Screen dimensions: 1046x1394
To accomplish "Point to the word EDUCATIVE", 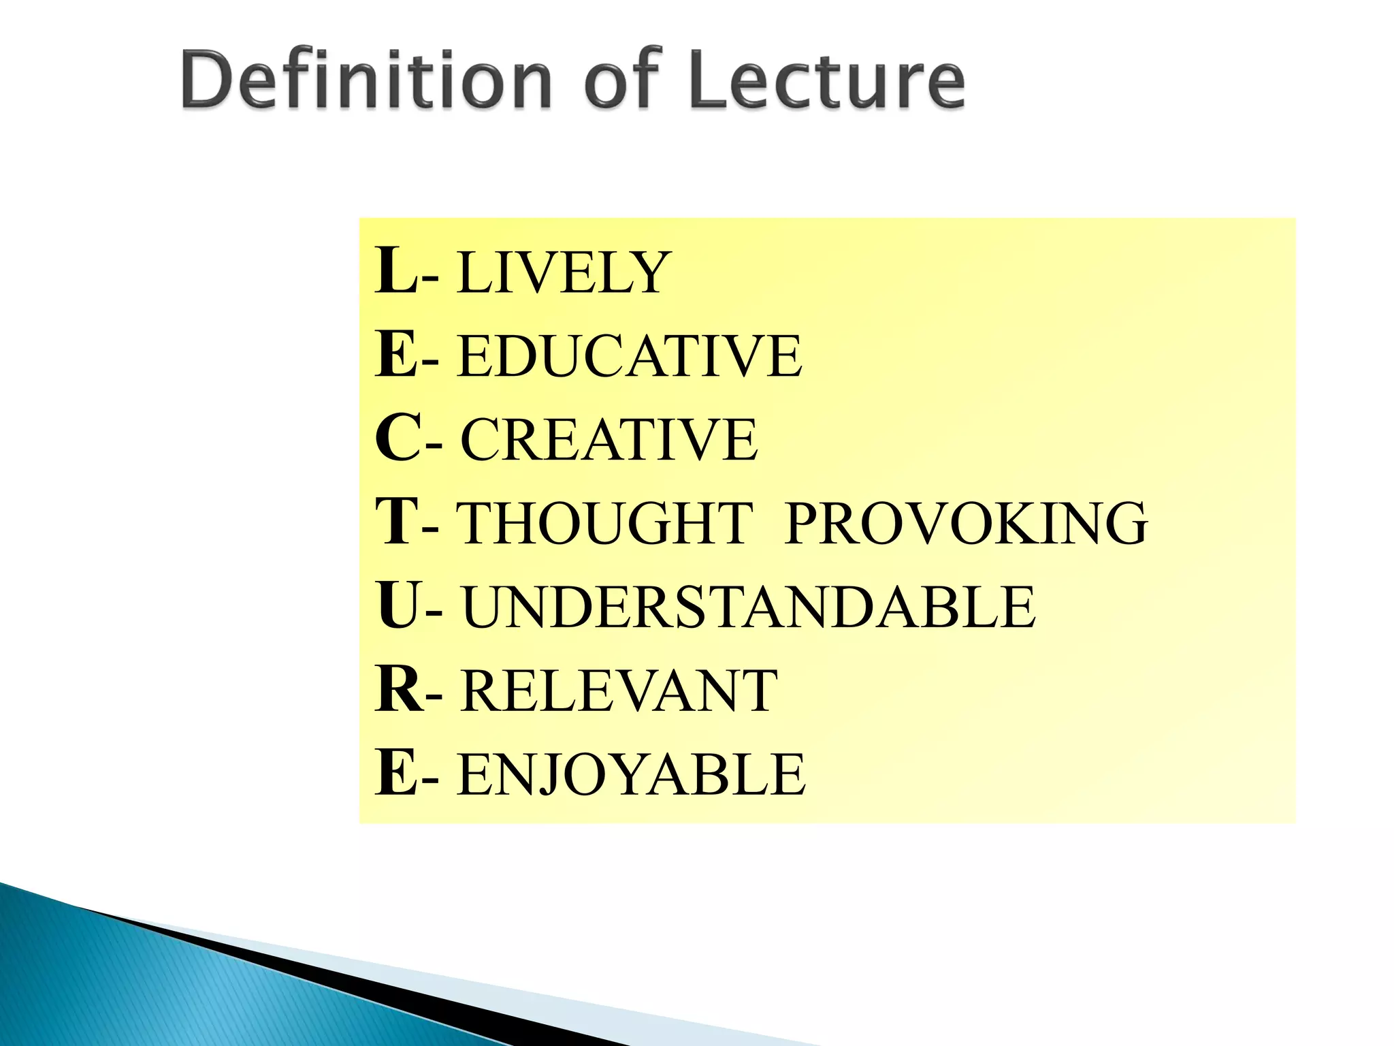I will point(630,356).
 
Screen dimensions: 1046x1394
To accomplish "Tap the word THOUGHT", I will point(604,524).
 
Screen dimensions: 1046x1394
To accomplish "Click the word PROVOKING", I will point(966,524).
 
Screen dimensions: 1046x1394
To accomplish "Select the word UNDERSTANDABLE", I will point(748,607).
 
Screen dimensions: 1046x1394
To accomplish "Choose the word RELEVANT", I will point(618,691).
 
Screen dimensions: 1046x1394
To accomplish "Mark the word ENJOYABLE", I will point(632,775).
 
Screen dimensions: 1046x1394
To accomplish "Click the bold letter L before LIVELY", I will point(396,271).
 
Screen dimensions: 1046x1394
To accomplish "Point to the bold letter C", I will point(398,439).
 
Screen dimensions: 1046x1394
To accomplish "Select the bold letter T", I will point(396,522).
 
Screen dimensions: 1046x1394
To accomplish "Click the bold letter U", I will point(399,606).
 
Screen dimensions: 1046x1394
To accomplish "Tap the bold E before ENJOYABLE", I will point(396,773).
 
